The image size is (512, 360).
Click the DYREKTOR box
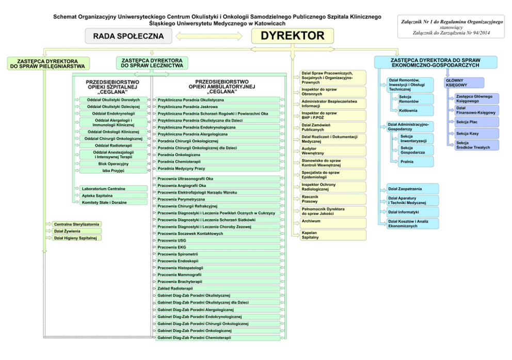click(x=292, y=36)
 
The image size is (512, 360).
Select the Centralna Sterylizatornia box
click(x=76, y=224)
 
